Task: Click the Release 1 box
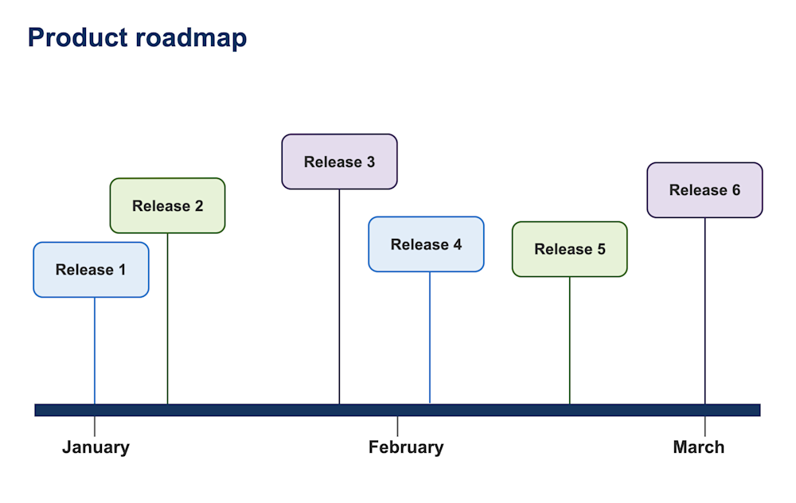[x=91, y=270]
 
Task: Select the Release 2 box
[x=167, y=205]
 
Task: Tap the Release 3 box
[x=339, y=162]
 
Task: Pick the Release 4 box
[x=426, y=244]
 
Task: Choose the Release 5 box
[x=569, y=249]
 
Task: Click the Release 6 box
[x=704, y=190]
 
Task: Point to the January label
[x=96, y=447]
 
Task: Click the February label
[x=406, y=447]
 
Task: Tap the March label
[x=698, y=447]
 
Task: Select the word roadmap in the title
[x=191, y=37]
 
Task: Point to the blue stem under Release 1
[x=95, y=350]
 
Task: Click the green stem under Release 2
[x=167, y=318]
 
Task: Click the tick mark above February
[x=397, y=426]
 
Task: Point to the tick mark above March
[x=704, y=426]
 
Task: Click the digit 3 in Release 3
[x=370, y=162]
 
